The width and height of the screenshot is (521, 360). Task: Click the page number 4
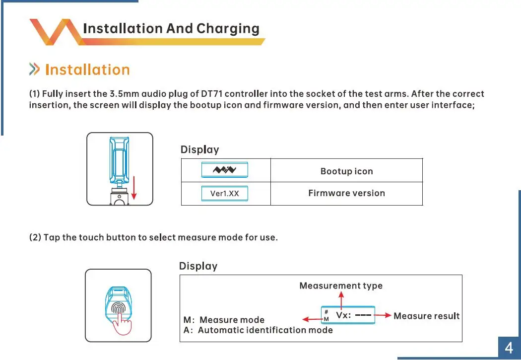tap(509, 348)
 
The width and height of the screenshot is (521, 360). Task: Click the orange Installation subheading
tap(87, 70)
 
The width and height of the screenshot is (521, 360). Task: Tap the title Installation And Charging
tap(171, 28)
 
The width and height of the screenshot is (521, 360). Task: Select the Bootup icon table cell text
tap(346, 171)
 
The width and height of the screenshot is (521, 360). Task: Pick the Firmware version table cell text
tap(346, 193)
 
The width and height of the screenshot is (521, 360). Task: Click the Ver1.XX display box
tap(224, 193)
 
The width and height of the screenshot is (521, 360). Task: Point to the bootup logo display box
tap(224, 170)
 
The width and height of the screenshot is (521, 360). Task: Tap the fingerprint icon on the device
tap(118, 308)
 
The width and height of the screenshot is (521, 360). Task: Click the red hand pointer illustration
tap(122, 325)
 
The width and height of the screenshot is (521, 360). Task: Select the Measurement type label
tap(341, 286)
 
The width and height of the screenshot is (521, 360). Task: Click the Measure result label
tap(426, 316)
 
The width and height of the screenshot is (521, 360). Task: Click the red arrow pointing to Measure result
tap(384, 315)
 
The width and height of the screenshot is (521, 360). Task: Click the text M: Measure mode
tap(224, 320)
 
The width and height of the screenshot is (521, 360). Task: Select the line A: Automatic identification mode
tap(258, 330)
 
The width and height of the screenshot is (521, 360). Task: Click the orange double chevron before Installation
tap(34, 70)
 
